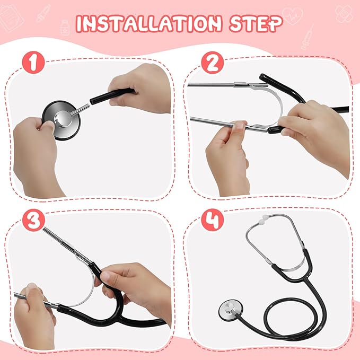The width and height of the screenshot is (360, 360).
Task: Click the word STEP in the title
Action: (x=254, y=24)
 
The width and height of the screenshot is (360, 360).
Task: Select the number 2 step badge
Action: (x=212, y=64)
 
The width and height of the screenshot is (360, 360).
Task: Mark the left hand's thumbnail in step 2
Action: (x=240, y=126)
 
